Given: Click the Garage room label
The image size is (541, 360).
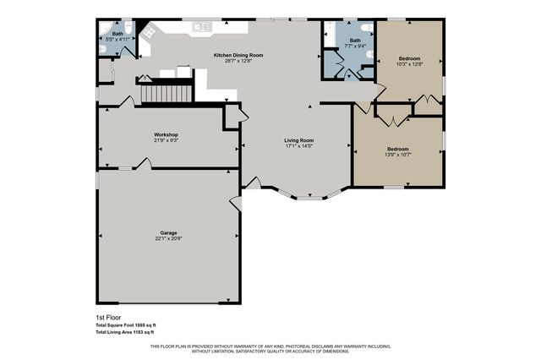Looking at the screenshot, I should point(168,232).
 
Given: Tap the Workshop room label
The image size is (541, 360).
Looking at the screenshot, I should point(166,134).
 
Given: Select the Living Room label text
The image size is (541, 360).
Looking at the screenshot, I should point(298,140).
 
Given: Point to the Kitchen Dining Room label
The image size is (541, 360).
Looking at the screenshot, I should point(238,55).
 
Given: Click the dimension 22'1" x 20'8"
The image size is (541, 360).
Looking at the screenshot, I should point(168,239).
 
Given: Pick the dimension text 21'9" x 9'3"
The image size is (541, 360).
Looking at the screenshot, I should point(166,140).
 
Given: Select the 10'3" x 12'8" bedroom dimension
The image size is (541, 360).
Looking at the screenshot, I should point(409,64).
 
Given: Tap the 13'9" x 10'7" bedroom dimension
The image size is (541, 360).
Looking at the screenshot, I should point(397,154).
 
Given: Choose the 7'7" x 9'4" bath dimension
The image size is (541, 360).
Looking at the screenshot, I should point(355,46).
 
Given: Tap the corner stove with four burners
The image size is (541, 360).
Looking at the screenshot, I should point(147,30).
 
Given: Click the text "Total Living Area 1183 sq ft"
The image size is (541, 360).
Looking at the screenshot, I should point(125,332).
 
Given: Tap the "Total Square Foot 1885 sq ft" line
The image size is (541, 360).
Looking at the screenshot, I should point(126,325).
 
